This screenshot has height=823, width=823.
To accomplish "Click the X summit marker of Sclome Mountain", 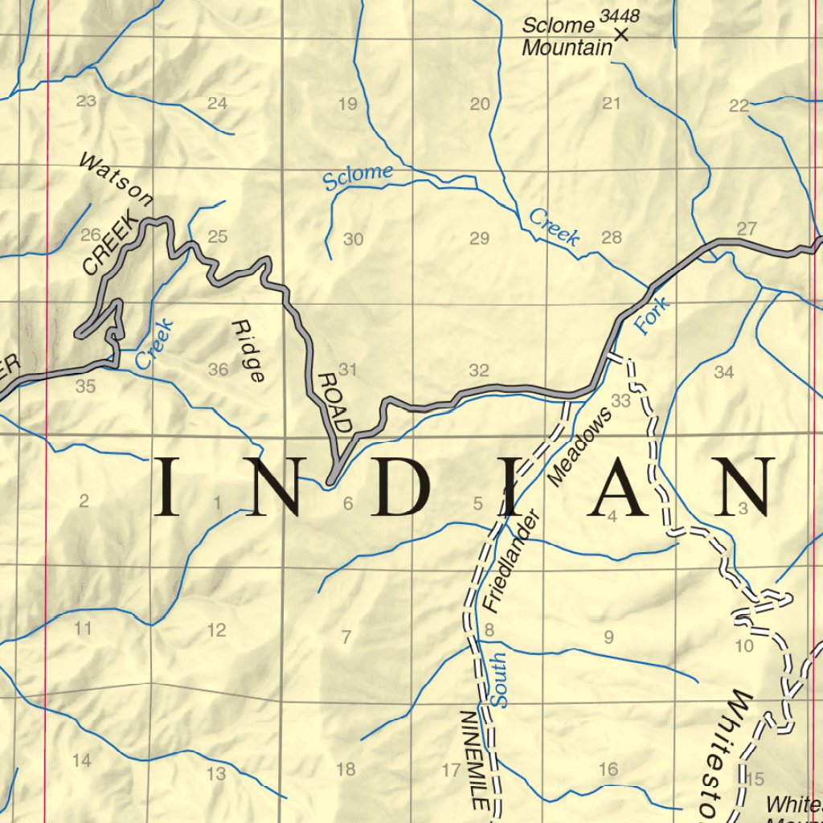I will tap(620, 35).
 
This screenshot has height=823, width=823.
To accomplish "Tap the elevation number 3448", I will tap(620, 15).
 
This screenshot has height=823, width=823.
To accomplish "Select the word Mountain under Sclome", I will tap(567, 48).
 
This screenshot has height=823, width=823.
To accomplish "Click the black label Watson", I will tap(116, 180).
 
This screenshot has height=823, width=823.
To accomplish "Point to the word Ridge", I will tap(248, 351).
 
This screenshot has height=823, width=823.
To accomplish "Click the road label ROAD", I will tap(335, 402).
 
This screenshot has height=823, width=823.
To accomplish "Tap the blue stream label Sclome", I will tap(358, 176).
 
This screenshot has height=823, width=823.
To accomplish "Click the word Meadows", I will tap(579, 444).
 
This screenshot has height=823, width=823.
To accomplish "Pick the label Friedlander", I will tap(510, 562).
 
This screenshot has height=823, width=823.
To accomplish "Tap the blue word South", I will tap(498, 680).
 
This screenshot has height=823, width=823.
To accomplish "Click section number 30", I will tap(353, 239).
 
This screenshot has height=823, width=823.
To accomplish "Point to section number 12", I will tap(216, 630).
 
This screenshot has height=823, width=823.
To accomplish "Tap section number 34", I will tap(723, 372).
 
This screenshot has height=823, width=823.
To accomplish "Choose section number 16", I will tap(608, 770).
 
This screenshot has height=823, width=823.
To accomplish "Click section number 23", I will tap(86, 101).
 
